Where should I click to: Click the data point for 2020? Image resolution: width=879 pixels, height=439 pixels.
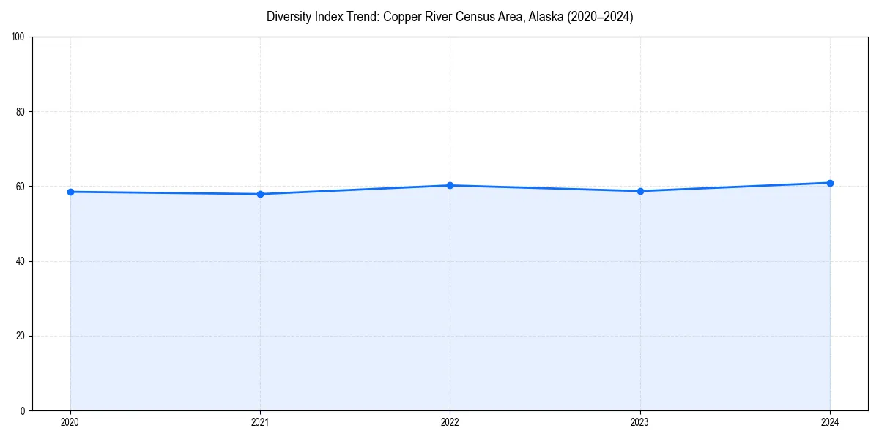[x=70, y=192]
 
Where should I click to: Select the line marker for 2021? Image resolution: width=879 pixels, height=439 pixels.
[x=260, y=194]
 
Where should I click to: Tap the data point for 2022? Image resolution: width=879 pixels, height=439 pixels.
[x=450, y=185]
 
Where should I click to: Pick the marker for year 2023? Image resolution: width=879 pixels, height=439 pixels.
[x=640, y=191]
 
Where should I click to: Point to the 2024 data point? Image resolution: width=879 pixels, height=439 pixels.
[x=830, y=183]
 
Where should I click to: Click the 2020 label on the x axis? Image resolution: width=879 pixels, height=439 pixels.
[x=70, y=422]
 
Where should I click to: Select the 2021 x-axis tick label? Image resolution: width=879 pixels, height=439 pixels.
[x=260, y=422]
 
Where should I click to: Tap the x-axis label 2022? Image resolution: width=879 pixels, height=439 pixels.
[x=450, y=422]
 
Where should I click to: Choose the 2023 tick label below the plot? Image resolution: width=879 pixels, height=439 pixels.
[x=640, y=422]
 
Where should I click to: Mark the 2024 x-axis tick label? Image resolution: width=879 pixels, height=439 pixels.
[x=830, y=422]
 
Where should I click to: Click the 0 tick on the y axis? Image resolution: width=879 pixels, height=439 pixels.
[x=23, y=410]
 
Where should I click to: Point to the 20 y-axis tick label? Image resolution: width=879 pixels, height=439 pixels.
[x=21, y=336]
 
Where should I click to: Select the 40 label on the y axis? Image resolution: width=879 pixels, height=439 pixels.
[x=21, y=261]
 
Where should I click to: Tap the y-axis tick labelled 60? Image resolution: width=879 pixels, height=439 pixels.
[x=21, y=187]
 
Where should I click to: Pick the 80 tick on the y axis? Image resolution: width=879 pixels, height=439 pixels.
[x=21, y=112]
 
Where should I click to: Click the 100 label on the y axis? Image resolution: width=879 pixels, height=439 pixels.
[x=18, y=37]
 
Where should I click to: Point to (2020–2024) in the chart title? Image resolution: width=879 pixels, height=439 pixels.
[x=600, y=17]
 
